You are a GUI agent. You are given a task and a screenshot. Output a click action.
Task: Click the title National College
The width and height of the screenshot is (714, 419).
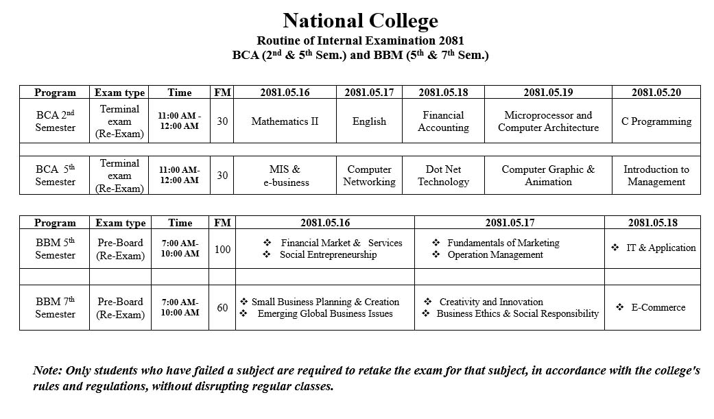(360, 21)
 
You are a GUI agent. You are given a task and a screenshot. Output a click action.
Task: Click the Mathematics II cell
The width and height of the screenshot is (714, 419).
(285, 121)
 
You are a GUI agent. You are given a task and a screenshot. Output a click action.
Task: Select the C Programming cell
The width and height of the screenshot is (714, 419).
(656, 121)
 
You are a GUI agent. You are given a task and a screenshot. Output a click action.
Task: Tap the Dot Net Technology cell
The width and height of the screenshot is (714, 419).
(443, 176)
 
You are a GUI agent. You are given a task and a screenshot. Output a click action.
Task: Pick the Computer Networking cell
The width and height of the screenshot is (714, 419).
(369, 176)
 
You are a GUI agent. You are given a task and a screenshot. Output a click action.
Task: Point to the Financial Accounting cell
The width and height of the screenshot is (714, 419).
(443, 121)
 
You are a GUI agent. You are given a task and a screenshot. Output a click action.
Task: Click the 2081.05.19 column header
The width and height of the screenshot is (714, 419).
(548, 93)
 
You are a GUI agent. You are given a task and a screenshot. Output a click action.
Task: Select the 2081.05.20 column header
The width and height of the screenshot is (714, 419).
(656, 93)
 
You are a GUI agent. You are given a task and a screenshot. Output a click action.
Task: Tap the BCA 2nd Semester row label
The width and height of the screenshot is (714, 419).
(55, 121)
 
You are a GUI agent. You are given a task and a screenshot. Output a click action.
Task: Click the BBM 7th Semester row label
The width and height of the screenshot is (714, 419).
(55, 308)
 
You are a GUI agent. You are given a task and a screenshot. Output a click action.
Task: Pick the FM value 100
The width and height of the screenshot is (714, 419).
(222, 249)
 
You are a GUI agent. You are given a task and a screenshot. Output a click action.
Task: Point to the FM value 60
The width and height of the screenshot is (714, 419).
(222, 308)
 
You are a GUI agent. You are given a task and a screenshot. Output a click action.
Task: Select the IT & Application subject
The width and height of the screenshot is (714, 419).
(661, 248)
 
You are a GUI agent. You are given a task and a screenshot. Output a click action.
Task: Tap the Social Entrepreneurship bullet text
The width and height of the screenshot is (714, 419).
(328, 255)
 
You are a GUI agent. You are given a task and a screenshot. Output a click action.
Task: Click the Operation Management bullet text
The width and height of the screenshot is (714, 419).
(495, 255)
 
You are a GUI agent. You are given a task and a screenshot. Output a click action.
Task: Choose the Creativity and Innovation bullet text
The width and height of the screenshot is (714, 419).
(491, 302)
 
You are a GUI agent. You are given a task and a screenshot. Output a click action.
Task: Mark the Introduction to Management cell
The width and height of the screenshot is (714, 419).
(656, 176)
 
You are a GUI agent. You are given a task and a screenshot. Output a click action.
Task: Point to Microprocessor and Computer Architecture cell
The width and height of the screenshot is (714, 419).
(548, 121)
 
